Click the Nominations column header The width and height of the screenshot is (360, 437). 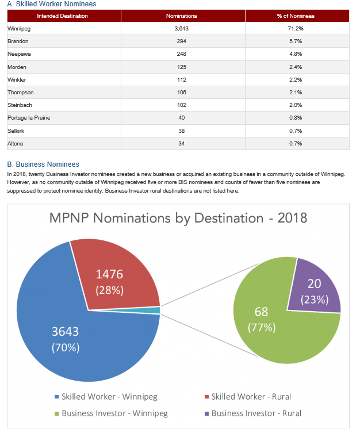[x=181, y=16]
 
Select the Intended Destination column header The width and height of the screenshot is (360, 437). [x=63, y=16]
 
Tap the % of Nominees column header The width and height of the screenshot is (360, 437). [x=296, y=16]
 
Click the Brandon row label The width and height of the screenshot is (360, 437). [x=18, y=41]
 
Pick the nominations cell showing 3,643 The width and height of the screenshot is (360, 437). [x=181, y=28]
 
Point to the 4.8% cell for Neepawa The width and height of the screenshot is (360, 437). [x=296, y=54]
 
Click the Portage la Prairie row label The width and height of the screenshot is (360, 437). [x=29, y=118]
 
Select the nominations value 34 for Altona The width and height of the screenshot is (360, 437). [x=181, y=144]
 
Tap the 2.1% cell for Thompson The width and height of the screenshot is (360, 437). [x=296, y=92]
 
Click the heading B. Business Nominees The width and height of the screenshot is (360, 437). [x=43, y=164]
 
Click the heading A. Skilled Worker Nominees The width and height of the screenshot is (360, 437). [x=52, y=4]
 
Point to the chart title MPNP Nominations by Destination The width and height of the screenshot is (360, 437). [x=156, y=218]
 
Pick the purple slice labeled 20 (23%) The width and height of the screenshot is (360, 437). [x=315, y=290]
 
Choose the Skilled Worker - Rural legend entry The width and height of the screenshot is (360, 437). [x=248, y=397]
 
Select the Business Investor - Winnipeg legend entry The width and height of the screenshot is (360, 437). [x=111, y=413]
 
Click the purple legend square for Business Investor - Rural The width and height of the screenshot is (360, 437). [x=207, y=413]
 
